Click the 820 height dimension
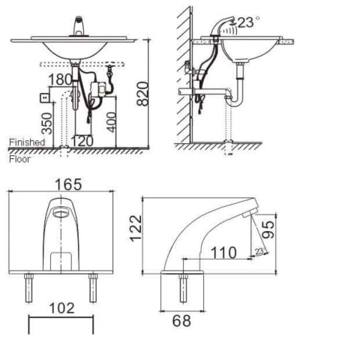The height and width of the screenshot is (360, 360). [x=142, y=94]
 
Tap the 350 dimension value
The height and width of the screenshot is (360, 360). [x=47, y=124]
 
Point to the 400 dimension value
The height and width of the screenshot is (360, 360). [x=111, y=122]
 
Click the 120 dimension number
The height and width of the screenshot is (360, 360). [x=82, y=141]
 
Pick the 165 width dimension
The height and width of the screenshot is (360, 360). [x=68, y=184]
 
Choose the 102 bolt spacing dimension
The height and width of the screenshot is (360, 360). [x=61, y=308]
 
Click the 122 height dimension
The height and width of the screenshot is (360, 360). [x=136, y=229]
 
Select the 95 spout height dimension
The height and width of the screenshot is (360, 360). [x=268, y=229]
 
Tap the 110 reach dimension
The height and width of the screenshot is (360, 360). [x=223, y=253]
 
